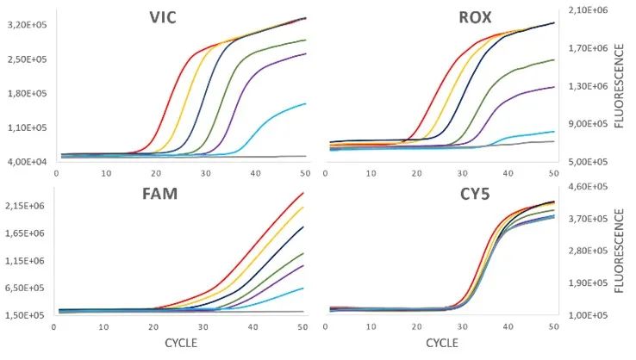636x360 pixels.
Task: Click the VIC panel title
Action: [157, 18]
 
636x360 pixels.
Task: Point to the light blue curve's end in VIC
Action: [306, 103]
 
